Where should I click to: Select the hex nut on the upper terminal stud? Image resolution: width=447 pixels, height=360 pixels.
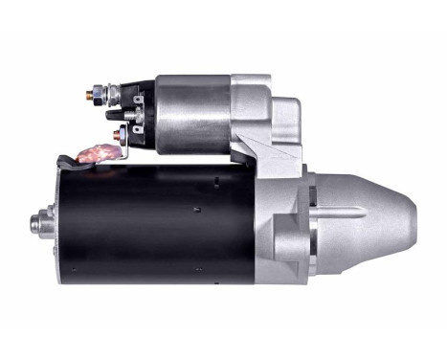click(x=100, y=95)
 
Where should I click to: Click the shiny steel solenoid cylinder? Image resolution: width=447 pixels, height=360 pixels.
click(x=190, y=114)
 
